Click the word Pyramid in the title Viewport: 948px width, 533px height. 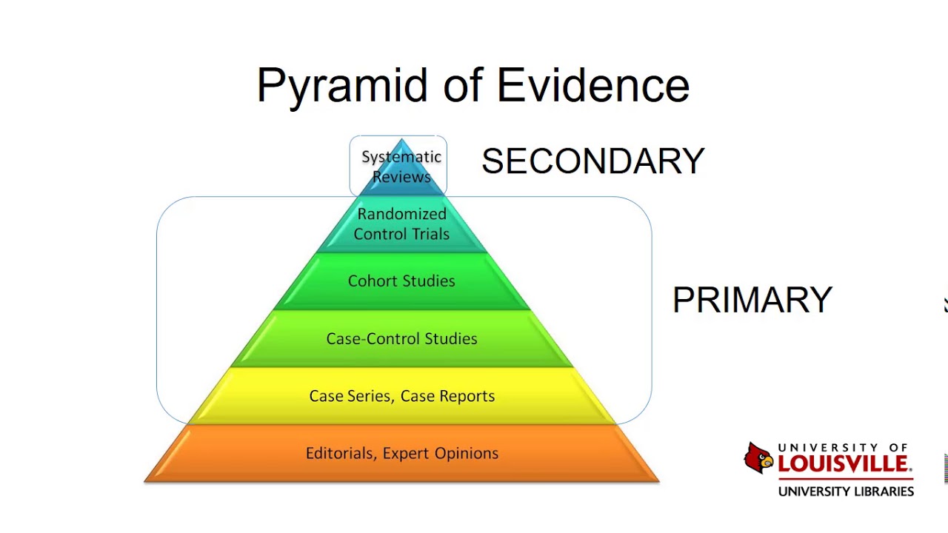pos(343,86)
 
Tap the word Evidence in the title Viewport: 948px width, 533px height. pos(592,86)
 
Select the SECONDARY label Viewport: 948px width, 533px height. pos(592,161)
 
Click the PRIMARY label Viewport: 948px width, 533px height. pos(752,300)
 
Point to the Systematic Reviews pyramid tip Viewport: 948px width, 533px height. pos(401,167)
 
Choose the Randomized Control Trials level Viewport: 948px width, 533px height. pos(401,224)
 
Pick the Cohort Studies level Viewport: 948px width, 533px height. pos(401,281)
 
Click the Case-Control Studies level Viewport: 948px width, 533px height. pos(401,338)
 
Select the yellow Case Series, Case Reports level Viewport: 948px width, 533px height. pos(401,396)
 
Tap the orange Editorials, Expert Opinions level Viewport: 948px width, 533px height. pos(401,453)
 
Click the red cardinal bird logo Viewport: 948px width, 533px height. pos(758,459)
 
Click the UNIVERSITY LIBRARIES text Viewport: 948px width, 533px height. pos(845,491)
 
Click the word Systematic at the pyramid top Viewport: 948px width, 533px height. pos(401,157)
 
